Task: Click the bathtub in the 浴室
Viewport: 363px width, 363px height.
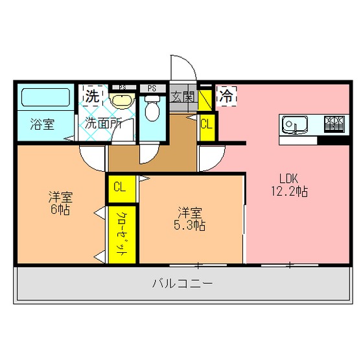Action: pyautogui.click(x=45, y=97)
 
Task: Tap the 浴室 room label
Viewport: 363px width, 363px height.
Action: pyautogui.click(x=42, y=124)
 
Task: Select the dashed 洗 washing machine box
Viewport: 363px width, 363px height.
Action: pyautogui.click(x=93, y=96)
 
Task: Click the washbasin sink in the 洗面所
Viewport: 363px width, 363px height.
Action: pyautogui.click(x=123, y=100)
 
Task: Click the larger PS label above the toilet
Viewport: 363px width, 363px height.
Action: pyautogui.click(x=152, y=88)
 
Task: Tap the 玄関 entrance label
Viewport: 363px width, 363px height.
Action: pyautogui.click(x=182, y=97)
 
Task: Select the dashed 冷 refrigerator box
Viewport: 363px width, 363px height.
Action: pyautogui.click(x=226, y=96)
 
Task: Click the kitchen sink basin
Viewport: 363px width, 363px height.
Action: pyautogui.click(x=295, y=125)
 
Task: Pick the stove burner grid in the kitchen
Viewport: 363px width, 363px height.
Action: pyautogui.click(x=334, y=124)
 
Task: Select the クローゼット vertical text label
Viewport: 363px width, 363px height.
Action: pyautogui.click(x=122, y=234)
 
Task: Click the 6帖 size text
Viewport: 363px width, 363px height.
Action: pyautogui.click(x=60, y=209)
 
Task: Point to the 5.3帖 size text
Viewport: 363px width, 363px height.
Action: pyautogui.click(x=189, y=225)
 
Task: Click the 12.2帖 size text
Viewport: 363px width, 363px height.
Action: pyautogui.click(x=289, y=191)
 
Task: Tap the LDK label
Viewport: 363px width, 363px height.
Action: pyautogui.click(x=288, y=178)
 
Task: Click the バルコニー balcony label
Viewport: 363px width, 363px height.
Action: pyautogui.click(x=182, y=283)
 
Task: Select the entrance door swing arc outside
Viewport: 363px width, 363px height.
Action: pyautogui.click(x=189, y=62)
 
